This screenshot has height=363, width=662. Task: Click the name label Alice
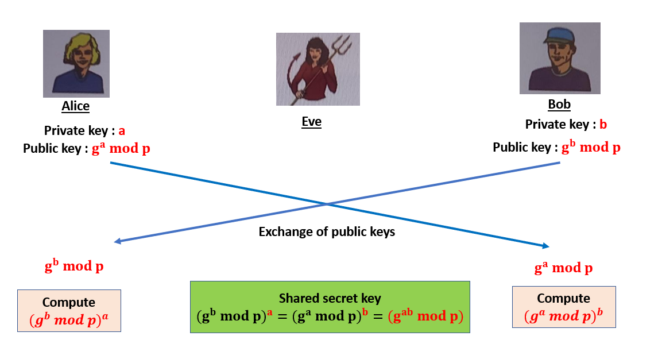[x=76, y=106]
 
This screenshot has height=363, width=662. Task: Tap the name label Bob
[x=559, y=105]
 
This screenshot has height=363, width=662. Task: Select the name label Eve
[x=312, y=121]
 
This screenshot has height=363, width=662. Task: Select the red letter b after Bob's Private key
[x=603, y=125]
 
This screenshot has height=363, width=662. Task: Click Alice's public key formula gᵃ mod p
[x=121, y=148]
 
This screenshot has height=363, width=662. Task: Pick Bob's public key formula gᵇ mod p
[x=591, y=146]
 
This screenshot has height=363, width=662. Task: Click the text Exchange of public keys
[x=327, y=231]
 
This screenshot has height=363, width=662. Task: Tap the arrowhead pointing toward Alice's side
[x=118, y=242]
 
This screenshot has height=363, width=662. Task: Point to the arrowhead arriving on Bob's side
[x=545, y=246]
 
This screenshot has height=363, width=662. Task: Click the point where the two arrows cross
[x=326, y=204]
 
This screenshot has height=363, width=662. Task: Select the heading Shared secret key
[x=330, y=298]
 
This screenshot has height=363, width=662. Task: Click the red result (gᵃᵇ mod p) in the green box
[x=425, y=316]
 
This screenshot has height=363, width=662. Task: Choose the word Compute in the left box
[x=69, y=302]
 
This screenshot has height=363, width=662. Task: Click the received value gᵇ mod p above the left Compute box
[x=74, y=267]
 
